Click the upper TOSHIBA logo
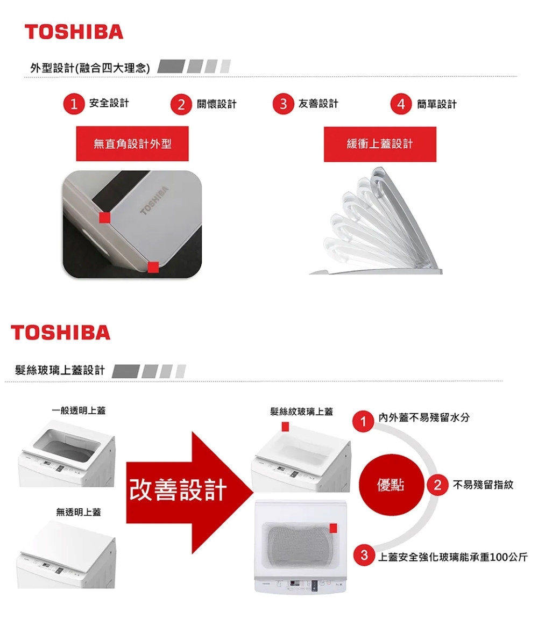[x=74, y=32]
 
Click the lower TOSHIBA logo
[x=60, y=333]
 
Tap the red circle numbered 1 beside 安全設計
[x=73, y=104]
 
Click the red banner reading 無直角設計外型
[x=132, y=143]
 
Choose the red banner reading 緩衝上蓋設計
[x=380, y=144]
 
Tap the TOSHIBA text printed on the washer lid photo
[x=154, y=201]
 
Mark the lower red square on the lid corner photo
[x=153, y=266]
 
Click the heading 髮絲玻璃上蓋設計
[x=60, y=370]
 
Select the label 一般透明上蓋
[x=79, y=410]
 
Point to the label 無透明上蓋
[x=79, y=513]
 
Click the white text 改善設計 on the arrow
[x=178, y=489]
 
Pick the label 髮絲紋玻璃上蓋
[x=301, y=412]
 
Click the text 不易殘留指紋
[x=483, y=485]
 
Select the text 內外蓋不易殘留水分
[x=423, y=417]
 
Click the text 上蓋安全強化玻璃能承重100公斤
[x=452, y=556]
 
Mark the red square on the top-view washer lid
[x=334, y=528]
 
